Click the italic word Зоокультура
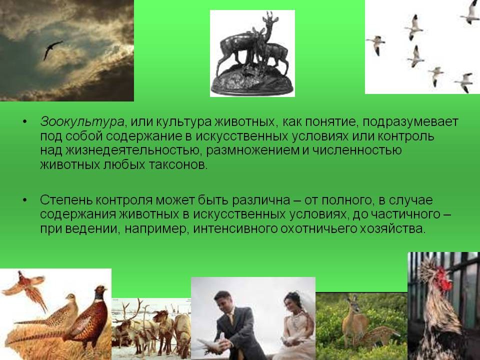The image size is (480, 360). pyautogui.click(x=82, y=122)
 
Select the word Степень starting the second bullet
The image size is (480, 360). pyautogui.click(x=66, y=200)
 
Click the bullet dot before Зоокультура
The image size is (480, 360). pyautogui.click(x=25, y=122)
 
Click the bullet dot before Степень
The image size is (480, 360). pyautogui.click(x=25, y=200)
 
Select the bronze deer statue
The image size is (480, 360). pyautogui.click(x=252, y=54)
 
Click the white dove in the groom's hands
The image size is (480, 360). pyautogui.click(x=211, y=344)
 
